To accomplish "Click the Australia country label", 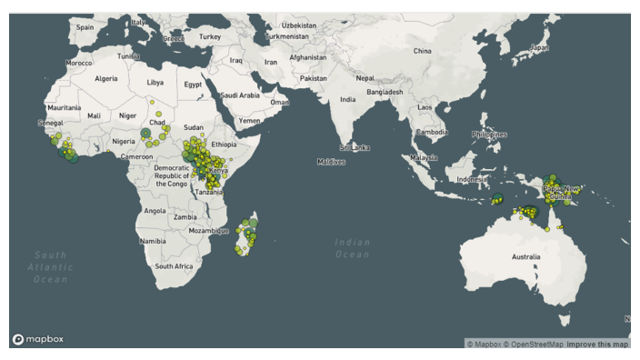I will pyautogui.click(x=525, y=257).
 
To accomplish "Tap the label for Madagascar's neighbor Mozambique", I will pyautogui.click(x=210, y=231).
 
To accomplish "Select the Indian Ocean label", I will pyautogui.click(x=353, y=248).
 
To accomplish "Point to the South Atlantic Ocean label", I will pyautogui.click(x=50, y=267).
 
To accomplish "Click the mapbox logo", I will pyautogui.click(x=37, y=339).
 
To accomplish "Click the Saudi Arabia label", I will pyautogui.click(x=240, y=95).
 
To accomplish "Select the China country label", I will pyautogui.click(x=422, y=51).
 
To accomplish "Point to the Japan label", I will pyautogui.click(x=540, y=46).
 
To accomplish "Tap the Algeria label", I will pyautogui.click(x=106, y=79).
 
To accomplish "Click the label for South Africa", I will pyautogui.click(x=174, y=266).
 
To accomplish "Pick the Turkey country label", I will pyautogui.click(x=210, y=36).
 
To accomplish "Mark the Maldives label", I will pyautogui.click(x=331, y=162).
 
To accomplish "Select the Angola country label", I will pyautogui.click(x=155, y=211).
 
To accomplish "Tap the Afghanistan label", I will pyautogui.click(x=307, y=57).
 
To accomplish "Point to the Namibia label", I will pyautogui.click(x=152, y=241).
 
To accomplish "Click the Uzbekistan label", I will pyautogui.click(x=298, y=25).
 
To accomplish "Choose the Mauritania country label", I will pyautogui.click(x=65, y=107).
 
